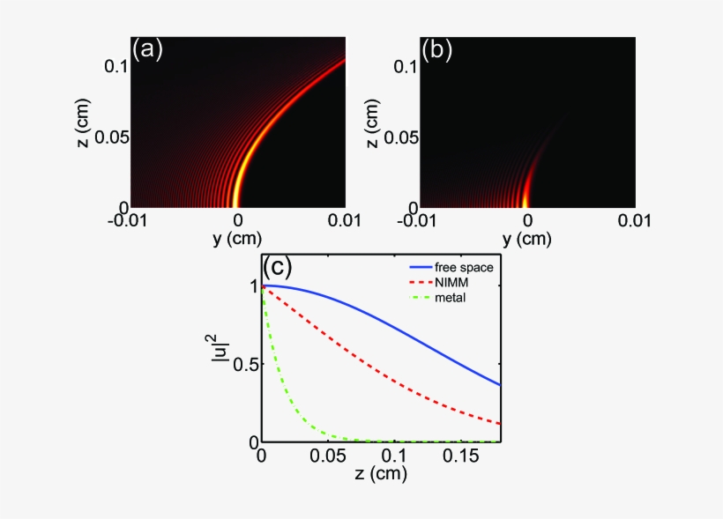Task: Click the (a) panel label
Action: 147,50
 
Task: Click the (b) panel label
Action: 436,50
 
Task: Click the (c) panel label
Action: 280,265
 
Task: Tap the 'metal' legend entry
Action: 449,297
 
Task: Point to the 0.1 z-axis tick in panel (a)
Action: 113,66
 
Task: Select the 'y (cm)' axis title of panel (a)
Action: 237,238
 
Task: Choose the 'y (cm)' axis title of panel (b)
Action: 526,238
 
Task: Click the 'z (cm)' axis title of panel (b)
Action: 373,123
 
